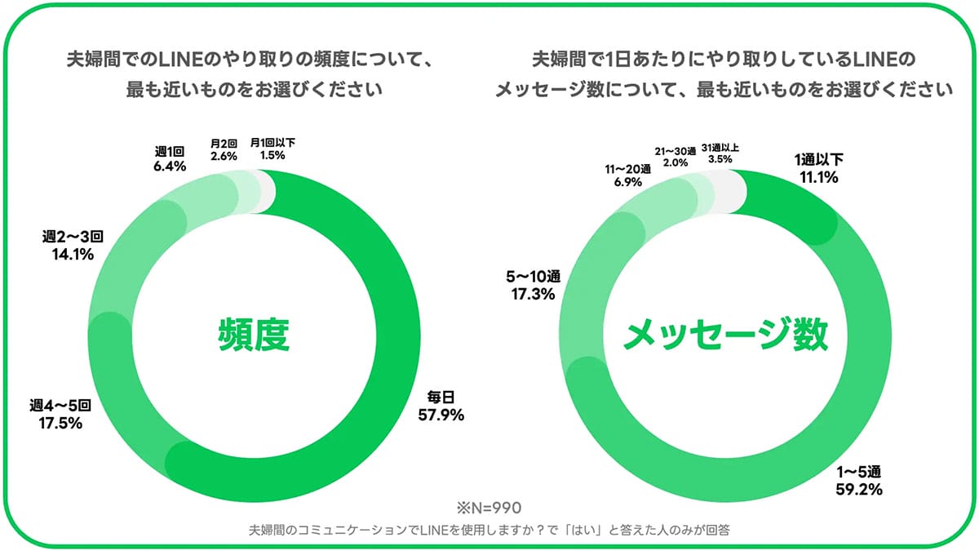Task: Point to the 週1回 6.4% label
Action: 170,158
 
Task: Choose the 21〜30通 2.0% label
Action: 676,157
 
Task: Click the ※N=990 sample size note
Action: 489,506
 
